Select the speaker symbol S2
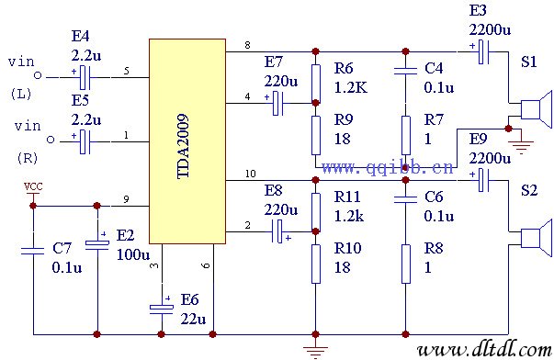coord(534,237)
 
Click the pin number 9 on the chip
coord(126,199)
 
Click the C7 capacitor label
coord(62,249)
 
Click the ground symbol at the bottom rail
coord(315,346)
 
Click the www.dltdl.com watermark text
coord(479,350)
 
